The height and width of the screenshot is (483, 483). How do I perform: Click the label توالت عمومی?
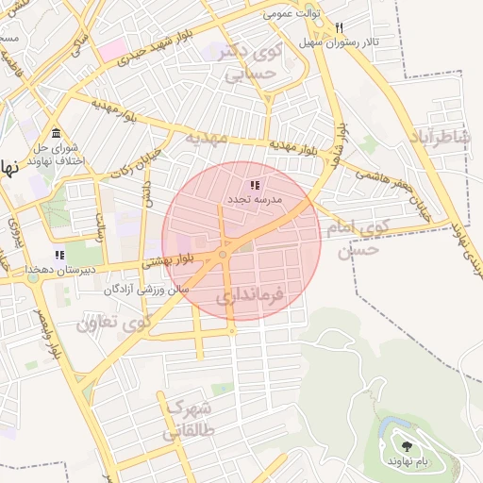[x=291, y=13]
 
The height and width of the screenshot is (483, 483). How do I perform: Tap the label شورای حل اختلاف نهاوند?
[x=58, y=155]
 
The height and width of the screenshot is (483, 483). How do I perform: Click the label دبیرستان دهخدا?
[x=33, y=269]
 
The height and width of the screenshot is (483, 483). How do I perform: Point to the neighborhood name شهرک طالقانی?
[x=187, y=420]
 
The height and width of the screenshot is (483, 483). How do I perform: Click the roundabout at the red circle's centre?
[x=224, y=255]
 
